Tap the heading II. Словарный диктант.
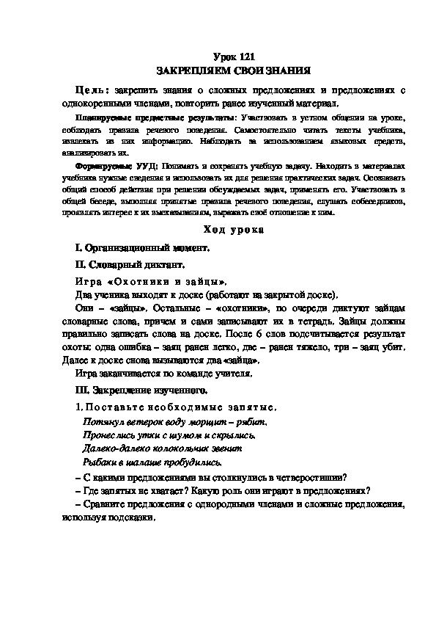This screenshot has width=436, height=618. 130,264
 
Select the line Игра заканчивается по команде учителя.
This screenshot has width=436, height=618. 163,374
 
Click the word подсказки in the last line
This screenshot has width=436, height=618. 137,517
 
